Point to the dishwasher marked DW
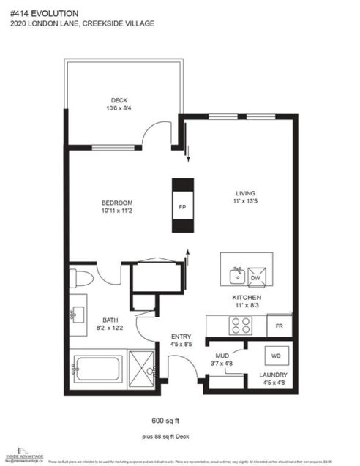tap(256, 278)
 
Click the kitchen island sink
tap(236, 277)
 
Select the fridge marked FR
tap(280, 323)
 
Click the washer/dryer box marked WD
tap(276, 356)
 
